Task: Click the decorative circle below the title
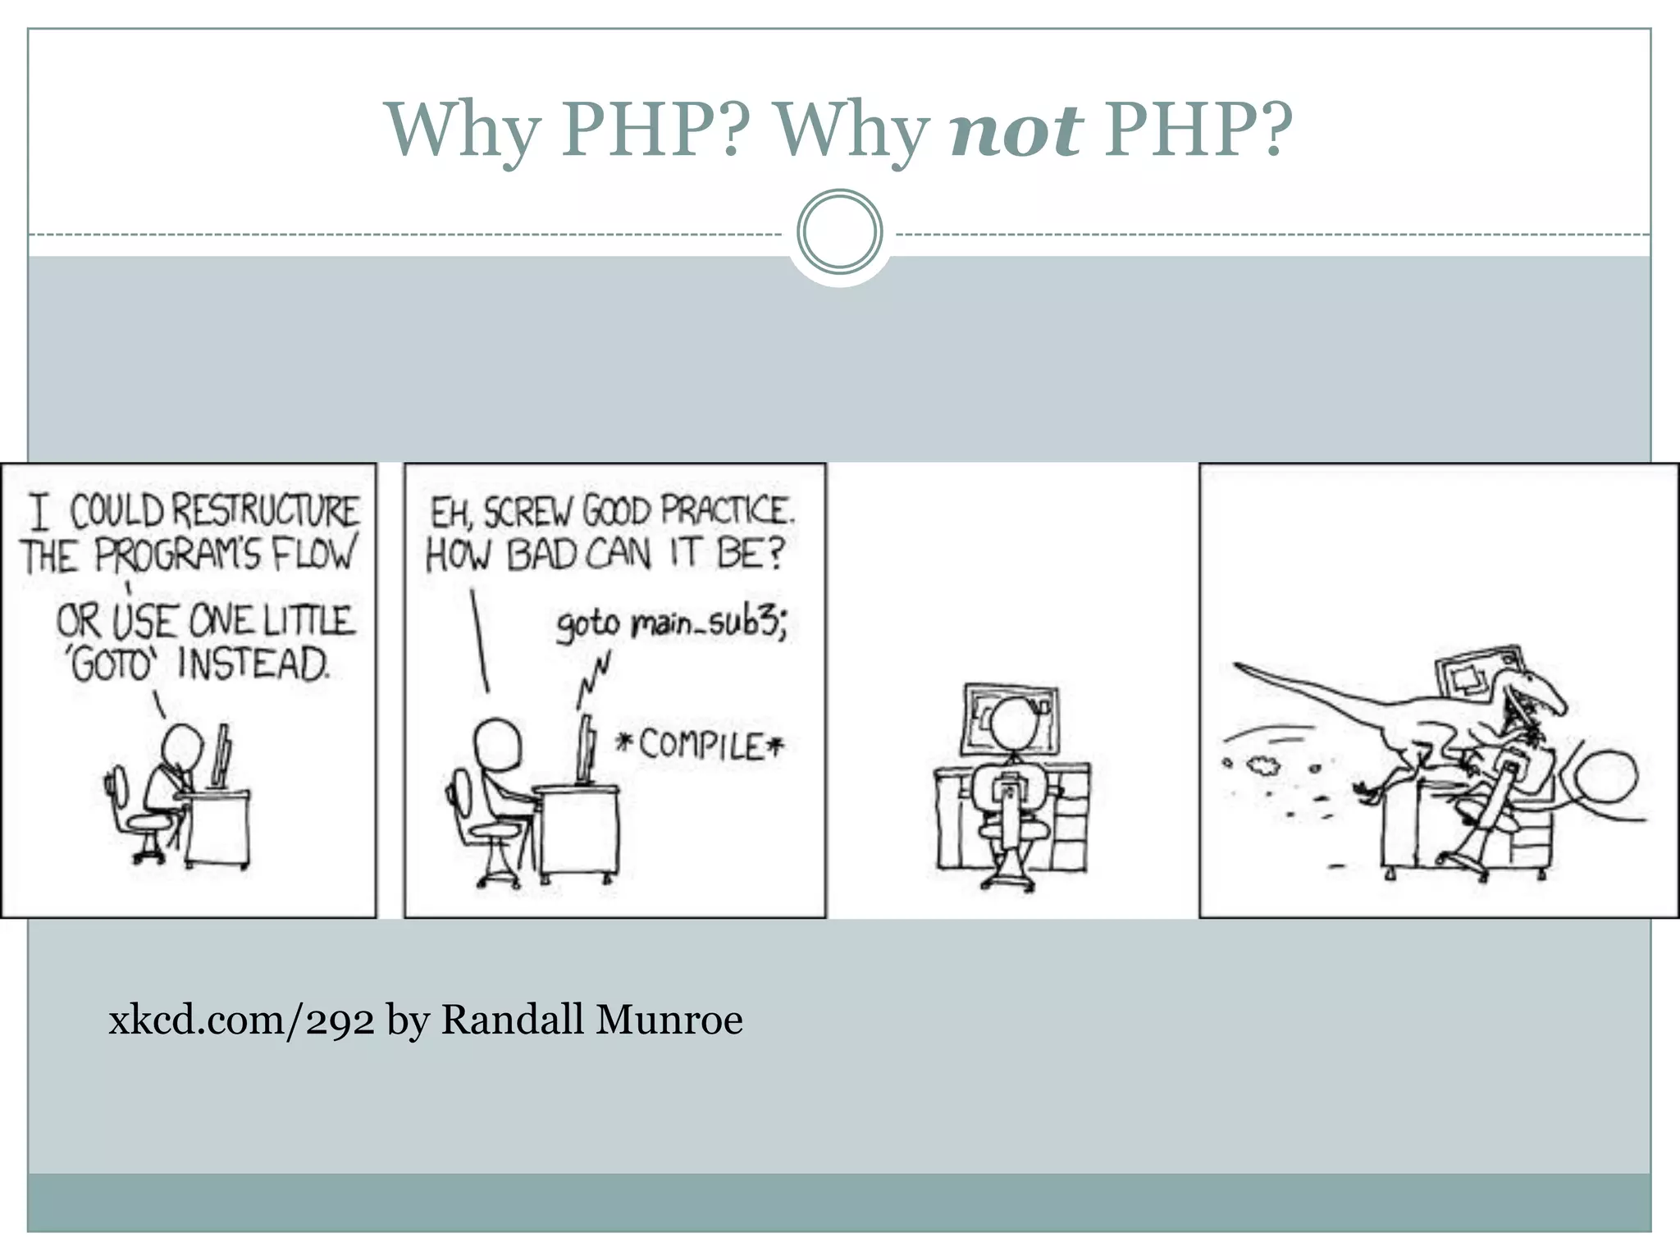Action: pos(839,232)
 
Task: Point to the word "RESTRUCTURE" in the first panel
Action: pos(264,512)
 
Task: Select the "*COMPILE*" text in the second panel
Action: pos(700,746)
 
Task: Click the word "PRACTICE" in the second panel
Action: pos(726,512)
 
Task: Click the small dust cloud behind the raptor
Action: pos(1264,766)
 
